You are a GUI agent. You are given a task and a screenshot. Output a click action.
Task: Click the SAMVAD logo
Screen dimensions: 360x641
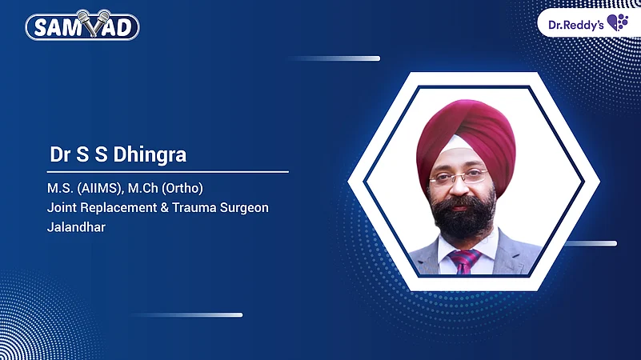(82, 26)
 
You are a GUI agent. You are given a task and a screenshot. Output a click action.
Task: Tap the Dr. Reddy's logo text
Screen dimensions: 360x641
(575, 23)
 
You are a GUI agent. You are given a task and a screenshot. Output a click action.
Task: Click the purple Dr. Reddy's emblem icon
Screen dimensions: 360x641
(617, 22)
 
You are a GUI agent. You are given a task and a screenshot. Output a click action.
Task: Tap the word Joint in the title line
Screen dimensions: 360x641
(62, 208)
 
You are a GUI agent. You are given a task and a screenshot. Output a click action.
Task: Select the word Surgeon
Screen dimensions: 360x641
(242, 208)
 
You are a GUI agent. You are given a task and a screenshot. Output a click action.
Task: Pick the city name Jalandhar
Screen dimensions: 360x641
(76, 227)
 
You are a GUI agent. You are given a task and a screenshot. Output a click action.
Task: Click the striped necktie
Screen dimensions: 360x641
(463, 261)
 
